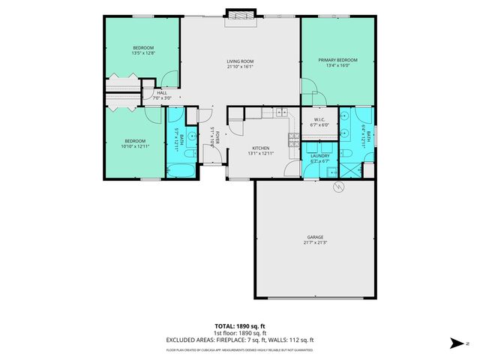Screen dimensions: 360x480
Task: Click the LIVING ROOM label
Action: (241, 61)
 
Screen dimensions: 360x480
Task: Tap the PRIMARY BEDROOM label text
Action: (337, 60)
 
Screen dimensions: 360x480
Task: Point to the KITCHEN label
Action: (260, 148)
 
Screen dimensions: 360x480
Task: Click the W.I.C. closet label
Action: (319, 120)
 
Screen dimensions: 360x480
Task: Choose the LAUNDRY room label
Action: (320, 156)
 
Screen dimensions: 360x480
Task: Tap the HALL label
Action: (162, 92)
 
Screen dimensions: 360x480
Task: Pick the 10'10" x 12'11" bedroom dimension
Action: (135, 145)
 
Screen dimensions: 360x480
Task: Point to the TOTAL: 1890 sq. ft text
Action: (239, 326)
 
